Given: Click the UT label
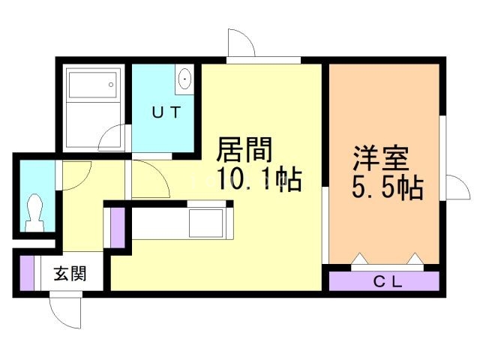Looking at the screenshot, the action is [x=166, y=112].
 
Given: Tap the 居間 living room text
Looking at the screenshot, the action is [x=244, y=150].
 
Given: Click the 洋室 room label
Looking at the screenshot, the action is [x=381, y=158].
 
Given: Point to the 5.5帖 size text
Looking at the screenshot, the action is [x=388, y=187].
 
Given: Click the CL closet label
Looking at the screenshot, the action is [x=388, y=282].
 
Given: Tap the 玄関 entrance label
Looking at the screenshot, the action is [x=70, y=273].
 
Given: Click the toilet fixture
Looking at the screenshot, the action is [x=34, y=212].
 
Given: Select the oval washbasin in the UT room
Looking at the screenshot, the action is [x=184, y=78].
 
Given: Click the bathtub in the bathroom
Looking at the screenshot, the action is [x=93, y=85].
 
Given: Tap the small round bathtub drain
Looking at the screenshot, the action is [x=111, y=85].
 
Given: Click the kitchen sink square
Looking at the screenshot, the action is [x=205, y=223].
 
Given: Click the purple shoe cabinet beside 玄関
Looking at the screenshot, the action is [x=27, y=273].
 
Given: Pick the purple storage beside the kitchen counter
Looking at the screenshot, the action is [x=118, y=228].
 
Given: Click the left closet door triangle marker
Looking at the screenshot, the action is [x=360, y=258].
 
